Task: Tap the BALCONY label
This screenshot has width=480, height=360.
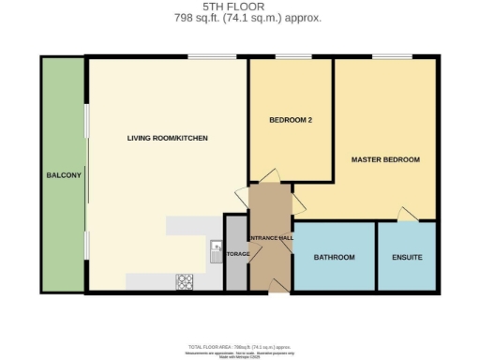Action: pos(63,175)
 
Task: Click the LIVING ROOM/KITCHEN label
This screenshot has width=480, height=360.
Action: pos(167,139)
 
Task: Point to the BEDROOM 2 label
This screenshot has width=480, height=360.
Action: pos(290,120)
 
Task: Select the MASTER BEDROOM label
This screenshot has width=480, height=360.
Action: pos(384,160)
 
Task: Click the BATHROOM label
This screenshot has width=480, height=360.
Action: pos(334,257)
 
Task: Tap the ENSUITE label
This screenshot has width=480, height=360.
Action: pos(406,257)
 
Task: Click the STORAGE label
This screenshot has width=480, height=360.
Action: pos(236,253)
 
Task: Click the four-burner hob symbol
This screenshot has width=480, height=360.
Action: pos(185,280)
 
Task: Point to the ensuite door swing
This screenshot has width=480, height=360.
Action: pos(405,214)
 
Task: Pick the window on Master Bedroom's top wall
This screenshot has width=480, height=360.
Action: pos(384,58)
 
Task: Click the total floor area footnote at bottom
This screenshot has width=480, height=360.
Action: pos(239,345)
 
